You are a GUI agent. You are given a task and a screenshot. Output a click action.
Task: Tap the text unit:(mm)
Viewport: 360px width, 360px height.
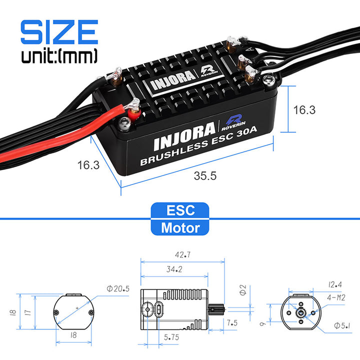tap(59, 56)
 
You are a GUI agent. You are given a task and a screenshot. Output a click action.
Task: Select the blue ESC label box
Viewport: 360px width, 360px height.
tap(180, 210)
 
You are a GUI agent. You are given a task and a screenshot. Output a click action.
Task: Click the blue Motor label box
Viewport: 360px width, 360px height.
tap(180, 228)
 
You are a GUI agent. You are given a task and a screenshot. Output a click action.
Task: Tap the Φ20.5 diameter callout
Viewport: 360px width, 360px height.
tap(118, 288)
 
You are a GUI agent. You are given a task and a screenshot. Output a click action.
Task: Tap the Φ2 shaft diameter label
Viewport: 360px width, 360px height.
tap(242, 289)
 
